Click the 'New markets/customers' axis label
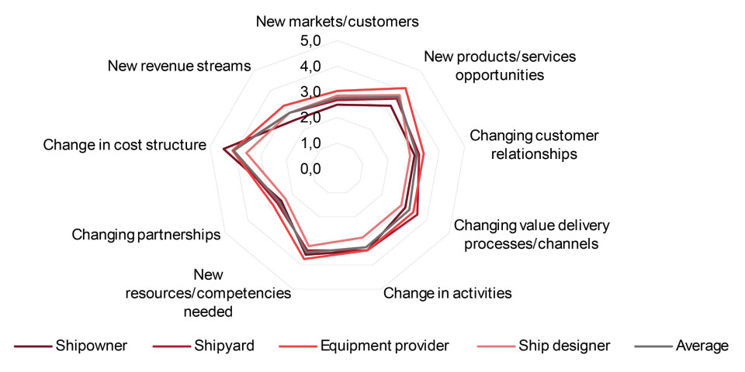(337, 21)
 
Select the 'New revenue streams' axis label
(180, 66)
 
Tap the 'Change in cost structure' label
(125, 145)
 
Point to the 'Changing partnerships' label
(146, 234)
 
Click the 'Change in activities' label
(448, 293)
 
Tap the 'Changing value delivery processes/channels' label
(532, 234)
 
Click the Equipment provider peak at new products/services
(405, 88)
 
